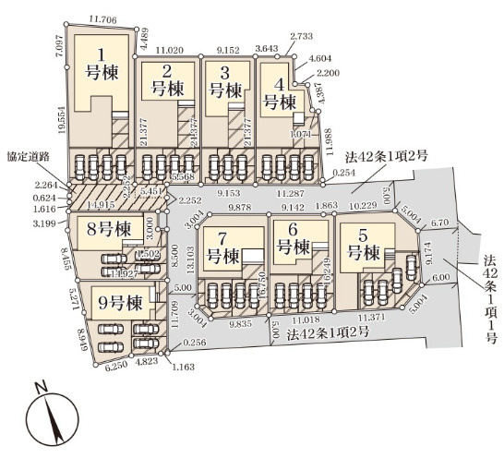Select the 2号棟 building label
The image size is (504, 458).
[x=167, y=80]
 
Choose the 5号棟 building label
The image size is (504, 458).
[x=363, y=242]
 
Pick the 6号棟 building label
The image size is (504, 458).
[x=292, y=238]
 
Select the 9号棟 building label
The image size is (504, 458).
[x=121, y=301]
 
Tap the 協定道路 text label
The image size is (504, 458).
[x=28, y=158]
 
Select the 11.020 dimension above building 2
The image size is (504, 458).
[x=171, y=47]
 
